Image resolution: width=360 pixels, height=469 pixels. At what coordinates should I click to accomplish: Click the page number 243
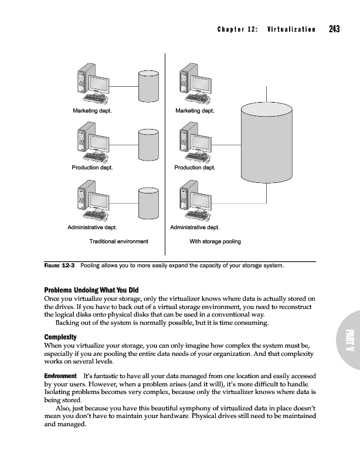tap(335, 29)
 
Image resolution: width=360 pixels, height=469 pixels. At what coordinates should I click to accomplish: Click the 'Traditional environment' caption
tap(118, 242)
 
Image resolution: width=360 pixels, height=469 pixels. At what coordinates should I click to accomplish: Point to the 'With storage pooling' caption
tap(215, 242)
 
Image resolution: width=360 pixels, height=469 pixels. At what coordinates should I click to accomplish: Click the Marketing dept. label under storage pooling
tap(195, 110)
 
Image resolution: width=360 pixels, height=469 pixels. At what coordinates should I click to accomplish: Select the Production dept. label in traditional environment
tap(92, 168)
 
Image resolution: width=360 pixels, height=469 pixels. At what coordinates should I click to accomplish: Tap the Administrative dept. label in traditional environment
tap(93, 227)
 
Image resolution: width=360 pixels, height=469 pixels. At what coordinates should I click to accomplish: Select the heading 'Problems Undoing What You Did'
tap(91, 290)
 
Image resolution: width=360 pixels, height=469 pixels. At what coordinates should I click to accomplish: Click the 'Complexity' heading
tap(60, 337)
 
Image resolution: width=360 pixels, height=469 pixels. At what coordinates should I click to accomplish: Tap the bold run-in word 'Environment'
tap(60, 375)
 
